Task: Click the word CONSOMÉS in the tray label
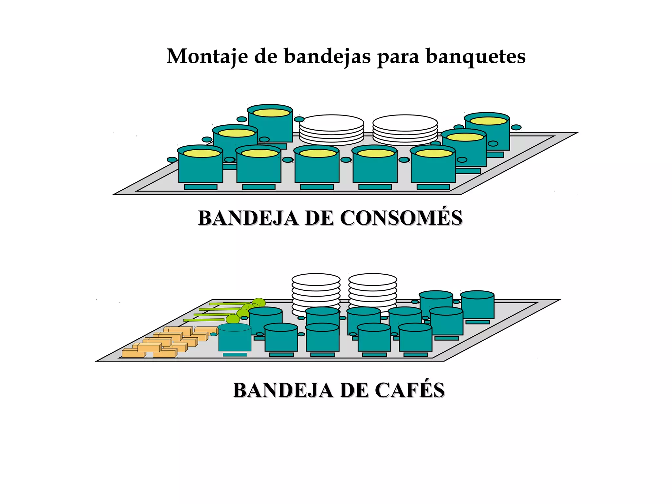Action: click(x=401, y=218)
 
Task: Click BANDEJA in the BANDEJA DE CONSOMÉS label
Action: click(x=248, y=218)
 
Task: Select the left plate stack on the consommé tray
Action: click(x=331, y=130)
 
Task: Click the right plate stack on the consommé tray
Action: click(x=405, y=130)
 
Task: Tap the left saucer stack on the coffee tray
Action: click(x=316, y=290)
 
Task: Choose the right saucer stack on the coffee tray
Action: click(x=372, y=290)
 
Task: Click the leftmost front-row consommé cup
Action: click(x=200, y=167)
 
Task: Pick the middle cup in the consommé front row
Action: click(x=317, y=167)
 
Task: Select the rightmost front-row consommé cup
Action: click(x=433, y=167)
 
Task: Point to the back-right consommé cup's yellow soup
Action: click(x=488, y=121)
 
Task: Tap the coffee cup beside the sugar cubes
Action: click(x=235, y=338)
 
